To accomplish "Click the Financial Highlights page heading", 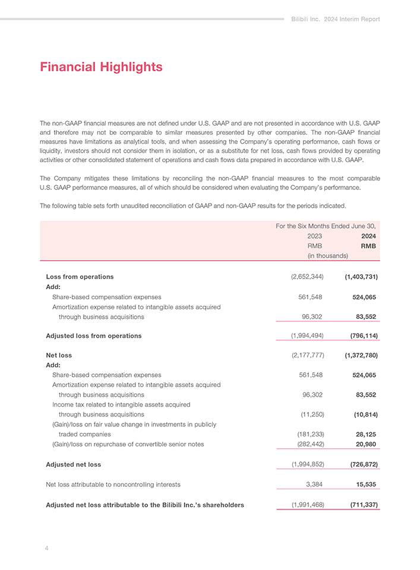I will pyautogui.click(x=101, y=67).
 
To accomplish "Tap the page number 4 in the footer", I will pyautogui.click(x=46, y=548).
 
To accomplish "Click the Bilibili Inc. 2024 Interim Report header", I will pyautogui.click(x=336, y=19).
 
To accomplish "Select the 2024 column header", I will pyautogui.click(x=368, y=236).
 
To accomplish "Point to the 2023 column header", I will pyautogui.click(x=314, y=236).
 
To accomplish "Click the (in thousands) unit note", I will pyautogui.click(x=327, y=256).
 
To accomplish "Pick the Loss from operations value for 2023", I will pyautogui.click(x=307, y=277).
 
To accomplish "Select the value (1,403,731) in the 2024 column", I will pyautogui.click(x=361, y=277).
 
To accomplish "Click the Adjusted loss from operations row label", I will pyautogui.click(x=94, y=335).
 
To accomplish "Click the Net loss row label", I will pyautogui.click(x=59, y=355).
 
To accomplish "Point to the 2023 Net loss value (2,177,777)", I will pyautogui.click(x=307, y=355).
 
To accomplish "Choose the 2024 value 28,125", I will pyautogui.click(x=365, y=434).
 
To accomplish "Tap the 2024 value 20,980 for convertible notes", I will pyautogui.click(x=365, y=444).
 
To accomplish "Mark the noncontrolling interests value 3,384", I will pyautogui.click(x=314, y=484).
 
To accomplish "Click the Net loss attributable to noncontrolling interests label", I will pyautogui.click(x=113, y=484).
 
